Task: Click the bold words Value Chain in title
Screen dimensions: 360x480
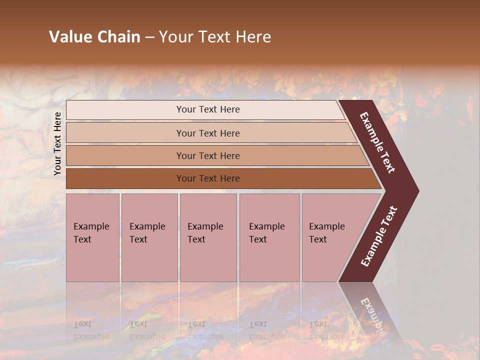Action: tap(94, 37)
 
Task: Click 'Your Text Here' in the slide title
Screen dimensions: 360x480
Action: tap(215, 37)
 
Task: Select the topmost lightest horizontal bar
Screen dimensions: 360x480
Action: tap(207, 109)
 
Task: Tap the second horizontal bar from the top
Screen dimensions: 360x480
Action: tap(207, 133)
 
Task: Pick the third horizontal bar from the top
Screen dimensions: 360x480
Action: tap(207, 155)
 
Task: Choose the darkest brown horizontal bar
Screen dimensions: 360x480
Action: tap(207, 178)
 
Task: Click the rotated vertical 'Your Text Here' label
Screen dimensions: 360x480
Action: tap(57, 143)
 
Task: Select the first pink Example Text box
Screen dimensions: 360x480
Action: tap(92, 237)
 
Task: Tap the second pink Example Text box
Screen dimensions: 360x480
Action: tap(149, 237)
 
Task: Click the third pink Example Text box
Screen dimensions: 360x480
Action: tap(208, 237)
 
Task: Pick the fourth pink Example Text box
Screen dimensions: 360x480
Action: tap(269, 237)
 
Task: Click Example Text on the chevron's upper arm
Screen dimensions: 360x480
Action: tap(377, 142)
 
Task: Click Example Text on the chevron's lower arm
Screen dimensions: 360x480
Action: tap(379, 236)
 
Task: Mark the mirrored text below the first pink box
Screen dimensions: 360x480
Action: tap(91, 330)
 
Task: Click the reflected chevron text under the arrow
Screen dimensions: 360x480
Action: tap(372, 315)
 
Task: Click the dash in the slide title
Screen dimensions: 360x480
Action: tap(149, 37)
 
